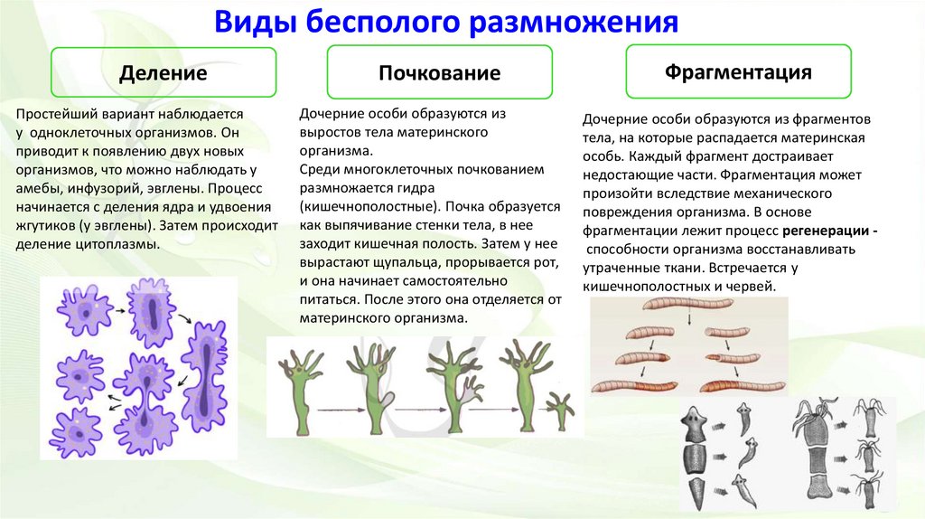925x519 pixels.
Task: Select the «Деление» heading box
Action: point(164,73)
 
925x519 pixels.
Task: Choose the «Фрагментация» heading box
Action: point(738,71)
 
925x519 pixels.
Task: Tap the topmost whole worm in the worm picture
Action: point(645,307)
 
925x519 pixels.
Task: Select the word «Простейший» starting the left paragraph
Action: point(58,114)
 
